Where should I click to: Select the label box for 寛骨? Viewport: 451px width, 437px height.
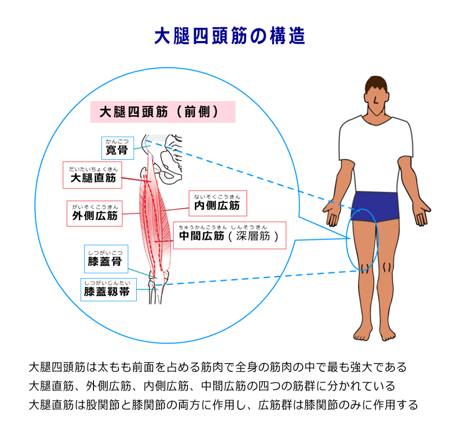tap(117, 148)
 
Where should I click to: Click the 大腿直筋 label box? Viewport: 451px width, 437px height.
tap(93, 175)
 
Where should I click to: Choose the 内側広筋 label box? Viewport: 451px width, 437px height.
tap(218, 203)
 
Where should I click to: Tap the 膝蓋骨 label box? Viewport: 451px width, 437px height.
tap(106, 259)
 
